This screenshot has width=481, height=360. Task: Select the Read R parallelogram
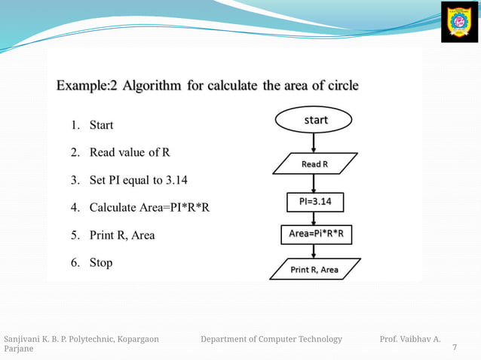[314, 163]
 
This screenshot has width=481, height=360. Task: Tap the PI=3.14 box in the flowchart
[315, 202]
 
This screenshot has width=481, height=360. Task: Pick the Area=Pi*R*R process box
[316, 234]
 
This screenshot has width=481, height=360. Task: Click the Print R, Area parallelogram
[315, 269]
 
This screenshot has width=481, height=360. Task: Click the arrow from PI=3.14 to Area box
[315, 218]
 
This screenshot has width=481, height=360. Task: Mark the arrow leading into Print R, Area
[315, 252]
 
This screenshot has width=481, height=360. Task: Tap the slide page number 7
[454, 347]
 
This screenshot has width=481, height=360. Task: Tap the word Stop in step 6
[101, 263]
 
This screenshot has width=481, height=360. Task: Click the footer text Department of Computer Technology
[271, 339]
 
